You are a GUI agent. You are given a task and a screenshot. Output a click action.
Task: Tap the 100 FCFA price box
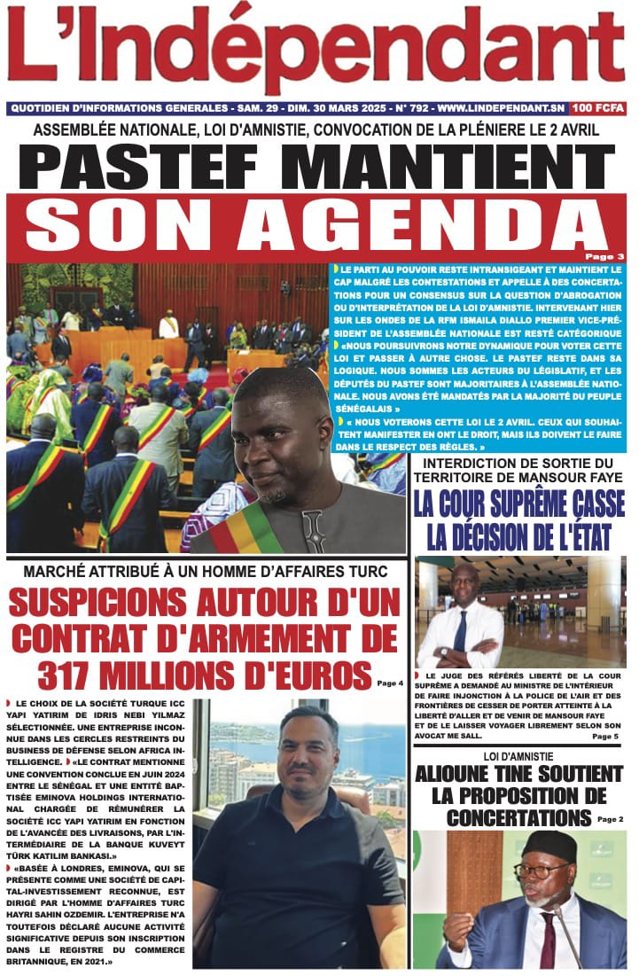click(x=598, y=108)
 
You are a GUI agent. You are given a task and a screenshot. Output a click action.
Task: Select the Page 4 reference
click(x=390, y=683)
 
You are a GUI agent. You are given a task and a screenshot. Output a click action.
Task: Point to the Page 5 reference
click(x=605, y=737)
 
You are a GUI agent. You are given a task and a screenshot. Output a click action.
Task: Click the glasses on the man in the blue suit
click(x=542, y=870)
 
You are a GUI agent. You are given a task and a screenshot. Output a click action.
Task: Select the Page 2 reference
click(x=611, y=819)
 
